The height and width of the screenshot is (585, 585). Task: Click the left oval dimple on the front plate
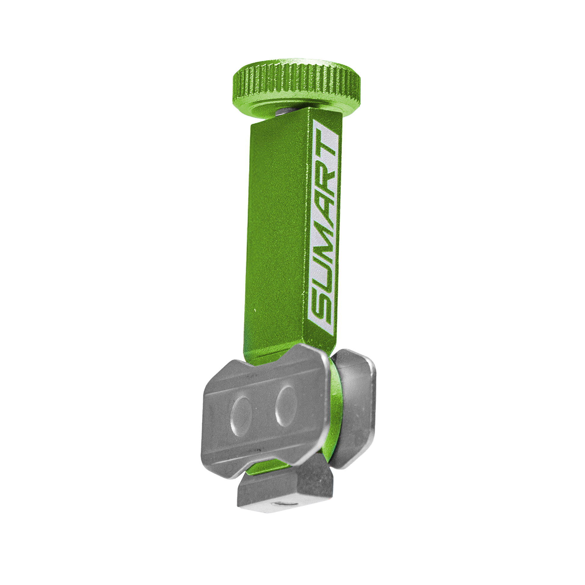click(241, 415)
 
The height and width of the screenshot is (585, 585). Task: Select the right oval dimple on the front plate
click(286, 406)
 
